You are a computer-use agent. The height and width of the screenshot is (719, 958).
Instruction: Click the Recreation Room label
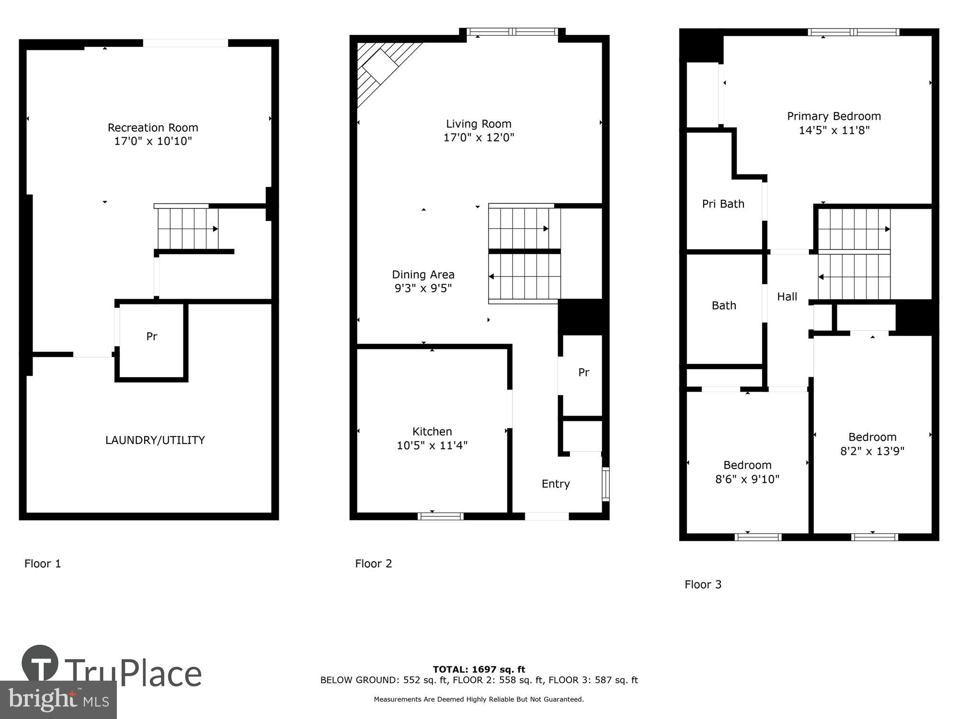(x=153, y=128)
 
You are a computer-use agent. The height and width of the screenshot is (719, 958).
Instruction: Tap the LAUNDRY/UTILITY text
(x=155, y=440)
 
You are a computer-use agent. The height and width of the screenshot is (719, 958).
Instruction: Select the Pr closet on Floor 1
(x=151, y=337)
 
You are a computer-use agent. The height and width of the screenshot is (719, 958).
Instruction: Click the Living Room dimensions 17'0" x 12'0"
(x=479, y=138)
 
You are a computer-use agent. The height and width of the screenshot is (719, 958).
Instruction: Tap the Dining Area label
(x=423, y=275)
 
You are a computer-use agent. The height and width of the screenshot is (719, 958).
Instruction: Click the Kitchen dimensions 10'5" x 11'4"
(x=432, y=446)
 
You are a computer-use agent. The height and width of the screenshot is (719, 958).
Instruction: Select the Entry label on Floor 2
(x=556, y=484)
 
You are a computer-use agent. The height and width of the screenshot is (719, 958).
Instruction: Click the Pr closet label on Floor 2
(x=583, y=372)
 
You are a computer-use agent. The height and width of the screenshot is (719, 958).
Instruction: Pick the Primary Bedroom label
(x=834, y=116)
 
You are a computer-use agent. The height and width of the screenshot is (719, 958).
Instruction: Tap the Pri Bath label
(x=723, y=204)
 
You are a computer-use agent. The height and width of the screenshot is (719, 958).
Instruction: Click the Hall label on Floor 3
(x=787, y=297)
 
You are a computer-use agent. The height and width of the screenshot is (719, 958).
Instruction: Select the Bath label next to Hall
(x=724, y=306)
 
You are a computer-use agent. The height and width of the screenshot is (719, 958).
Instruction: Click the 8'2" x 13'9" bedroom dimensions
(x=872, y=451)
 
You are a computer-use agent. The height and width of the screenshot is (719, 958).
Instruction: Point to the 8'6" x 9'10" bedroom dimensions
(x=747, y=479)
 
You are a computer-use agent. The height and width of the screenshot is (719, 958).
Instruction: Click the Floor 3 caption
(x=703, y=584)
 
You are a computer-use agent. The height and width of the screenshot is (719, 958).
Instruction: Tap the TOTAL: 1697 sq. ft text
(x=479, y=670)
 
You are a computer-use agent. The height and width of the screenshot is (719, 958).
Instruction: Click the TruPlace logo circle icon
(x=40, y=664)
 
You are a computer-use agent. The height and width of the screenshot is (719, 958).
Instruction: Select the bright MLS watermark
(x=58, y=700)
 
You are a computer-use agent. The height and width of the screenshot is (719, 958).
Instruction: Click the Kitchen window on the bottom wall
(x=440, y=516)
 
